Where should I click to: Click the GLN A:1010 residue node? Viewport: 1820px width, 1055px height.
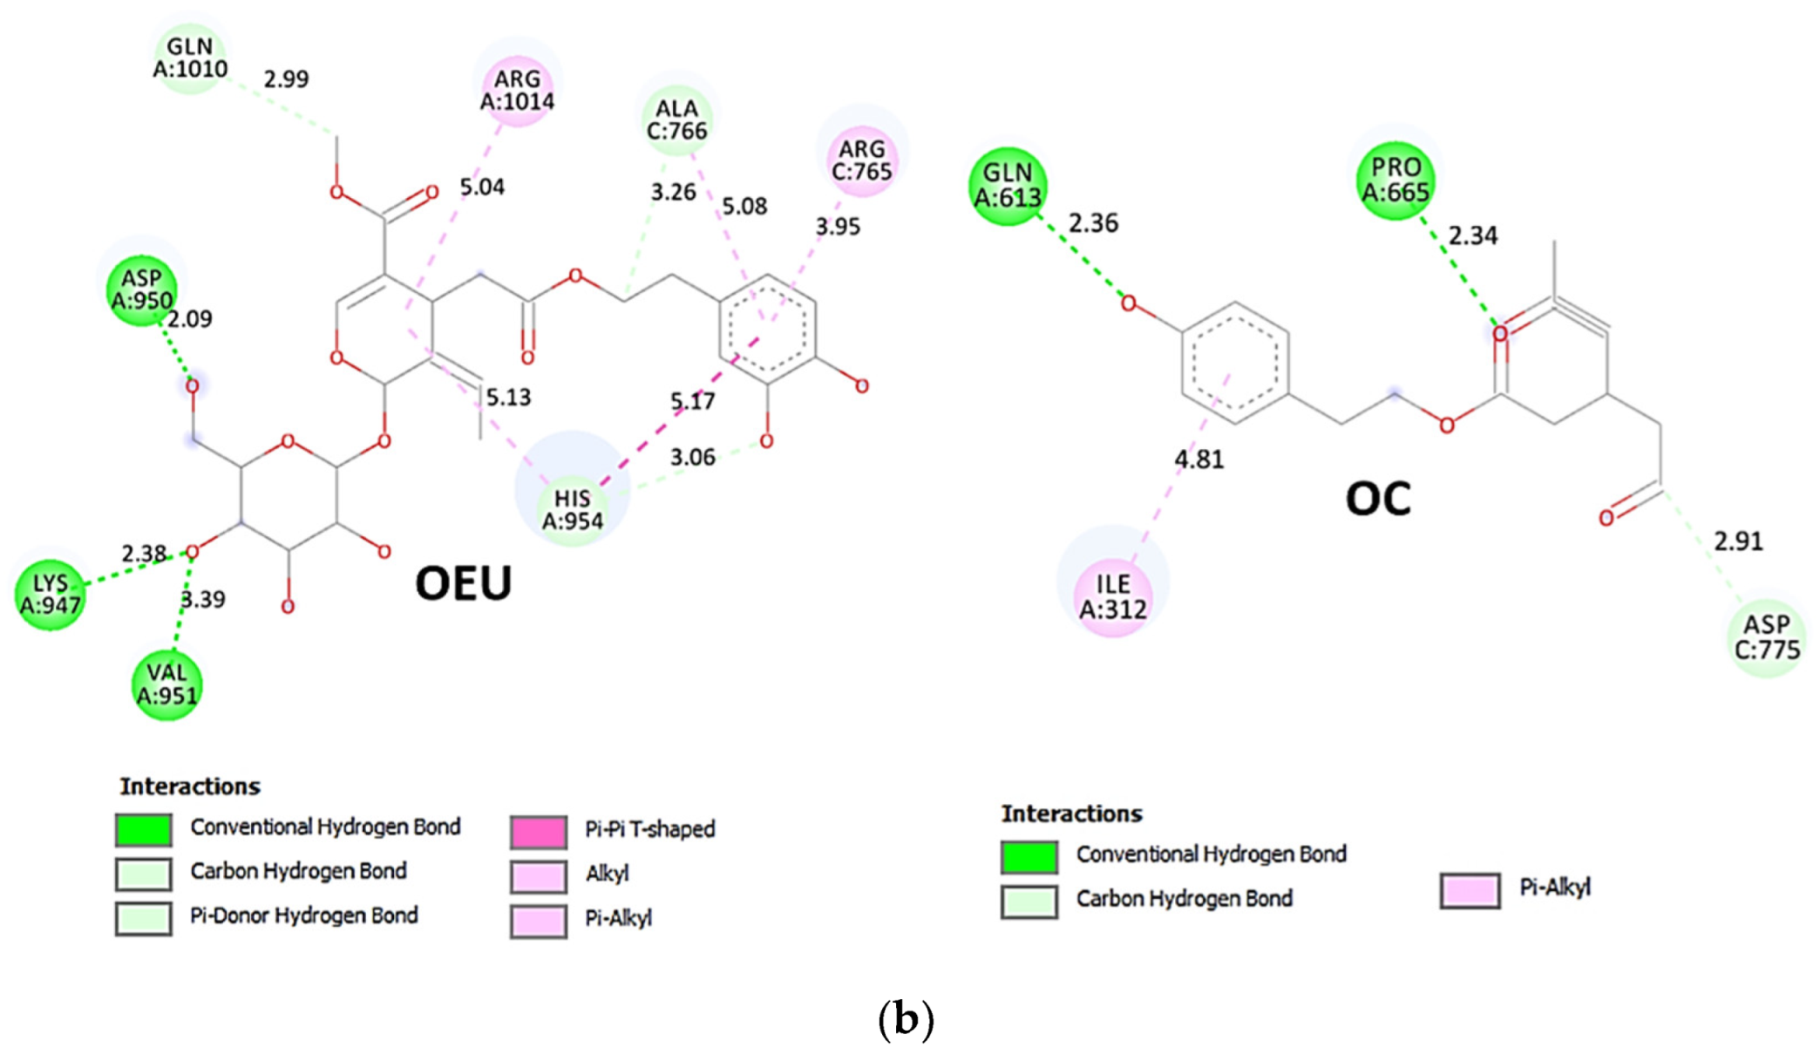[189, 58]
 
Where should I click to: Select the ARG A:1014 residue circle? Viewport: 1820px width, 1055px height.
[517, 90]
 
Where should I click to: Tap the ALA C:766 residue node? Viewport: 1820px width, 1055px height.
[676, 119]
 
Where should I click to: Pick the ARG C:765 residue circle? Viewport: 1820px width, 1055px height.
[861, 160]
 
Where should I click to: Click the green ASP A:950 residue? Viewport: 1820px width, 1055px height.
[141, 289]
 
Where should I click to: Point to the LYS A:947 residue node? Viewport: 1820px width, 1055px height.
[51, 594]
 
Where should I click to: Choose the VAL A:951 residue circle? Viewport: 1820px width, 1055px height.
[166, 684]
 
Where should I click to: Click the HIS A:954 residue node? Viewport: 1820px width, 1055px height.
[572, 509]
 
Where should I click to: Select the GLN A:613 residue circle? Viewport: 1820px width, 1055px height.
[1008, 186]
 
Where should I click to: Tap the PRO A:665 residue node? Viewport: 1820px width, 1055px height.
[1396, 180]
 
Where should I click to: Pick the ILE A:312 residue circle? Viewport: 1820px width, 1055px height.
[1113, 596]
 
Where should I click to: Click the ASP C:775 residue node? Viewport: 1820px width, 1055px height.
[1767, 637]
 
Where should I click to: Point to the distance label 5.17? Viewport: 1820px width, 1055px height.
[692, 401]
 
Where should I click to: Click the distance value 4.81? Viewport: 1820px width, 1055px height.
[1199, 459]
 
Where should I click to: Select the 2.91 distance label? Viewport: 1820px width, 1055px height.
[1738, 541]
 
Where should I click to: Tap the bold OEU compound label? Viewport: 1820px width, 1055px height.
[463, 582]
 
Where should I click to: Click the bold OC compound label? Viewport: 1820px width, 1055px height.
[1377, 499]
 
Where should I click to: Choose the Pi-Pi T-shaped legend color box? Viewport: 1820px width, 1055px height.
[538, 832]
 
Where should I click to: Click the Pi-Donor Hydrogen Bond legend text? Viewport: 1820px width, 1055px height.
[303, 915]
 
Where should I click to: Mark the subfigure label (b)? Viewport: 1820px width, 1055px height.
[906, 1018]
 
